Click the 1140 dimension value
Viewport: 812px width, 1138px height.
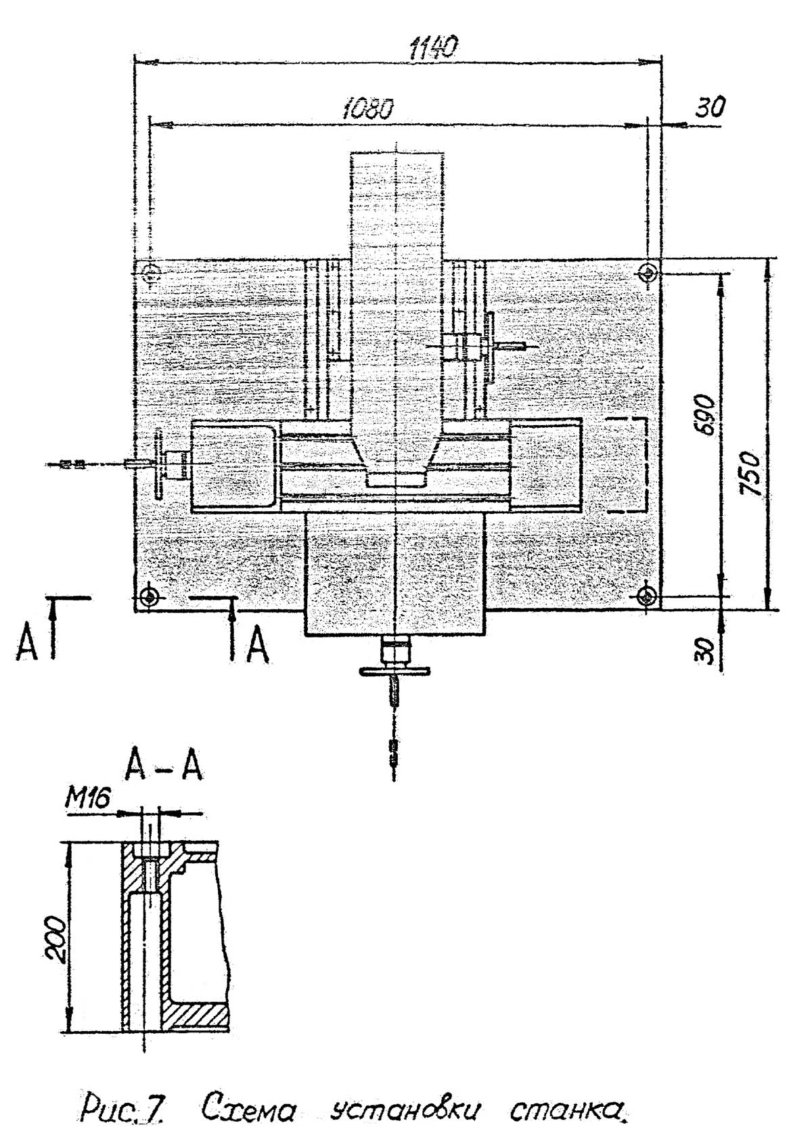click(434, 47)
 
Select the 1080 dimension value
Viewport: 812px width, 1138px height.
click(368, 108)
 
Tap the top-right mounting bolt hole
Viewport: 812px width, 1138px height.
click(648, 272)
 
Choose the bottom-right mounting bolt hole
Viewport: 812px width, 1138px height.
click(648, 596)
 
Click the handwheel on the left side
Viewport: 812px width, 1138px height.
click(160, 464)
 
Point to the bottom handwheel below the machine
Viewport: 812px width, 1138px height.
click(394, 671)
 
